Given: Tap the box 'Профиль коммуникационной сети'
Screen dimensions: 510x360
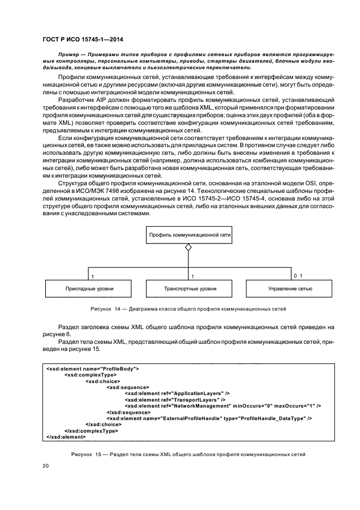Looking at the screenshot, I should (x=188, y=235).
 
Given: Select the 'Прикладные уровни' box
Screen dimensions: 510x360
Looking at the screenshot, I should (x=88, y=288).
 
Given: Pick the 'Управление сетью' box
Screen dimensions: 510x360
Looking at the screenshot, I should (x=290, y=288).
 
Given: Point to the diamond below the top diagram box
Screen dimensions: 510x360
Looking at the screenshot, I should (x=188, y=248).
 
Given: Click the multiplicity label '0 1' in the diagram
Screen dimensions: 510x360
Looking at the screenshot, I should (x=297, y=276).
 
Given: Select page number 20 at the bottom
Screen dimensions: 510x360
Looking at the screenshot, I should (x=46, y=466).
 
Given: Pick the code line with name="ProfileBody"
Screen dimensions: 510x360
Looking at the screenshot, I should (x=93, y=369).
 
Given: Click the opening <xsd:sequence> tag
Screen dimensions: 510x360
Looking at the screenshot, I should (x=128, y=387).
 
